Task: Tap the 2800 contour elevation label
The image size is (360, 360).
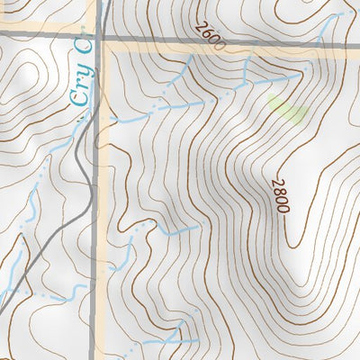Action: pos(280,195)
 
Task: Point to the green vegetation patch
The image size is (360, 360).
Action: pos(288,110)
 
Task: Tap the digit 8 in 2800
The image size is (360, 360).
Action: pos(279,191)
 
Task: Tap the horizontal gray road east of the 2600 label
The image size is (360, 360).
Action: pos(288,41)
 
